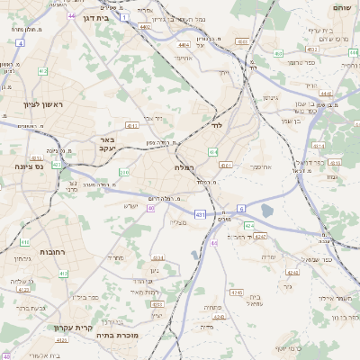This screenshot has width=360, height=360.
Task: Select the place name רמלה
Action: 171,168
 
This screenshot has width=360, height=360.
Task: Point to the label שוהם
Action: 341,7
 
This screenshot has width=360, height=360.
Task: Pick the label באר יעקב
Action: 106,145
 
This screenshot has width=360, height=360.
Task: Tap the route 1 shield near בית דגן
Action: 123,7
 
